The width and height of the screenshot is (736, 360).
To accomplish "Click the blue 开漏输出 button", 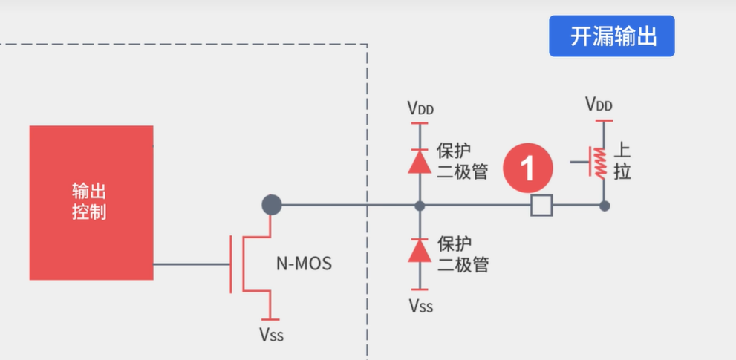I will pyautogui.click(x=611, y=36).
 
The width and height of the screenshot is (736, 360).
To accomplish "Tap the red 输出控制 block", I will pyautogui.click(x=91, y=202).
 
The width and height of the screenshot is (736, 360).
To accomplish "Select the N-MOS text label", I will pyautogui.click(x=304, y=263).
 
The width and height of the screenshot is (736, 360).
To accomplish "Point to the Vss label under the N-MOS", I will pyautogui.click(x=271, y=335).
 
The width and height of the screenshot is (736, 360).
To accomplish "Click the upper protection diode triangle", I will pyautogui.click(x=420, y=161).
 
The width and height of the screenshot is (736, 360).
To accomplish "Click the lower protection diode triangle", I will pyautogui.click(x=420, y=251).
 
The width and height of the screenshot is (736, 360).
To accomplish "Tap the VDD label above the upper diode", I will pyautogui.click(x=420, y=109).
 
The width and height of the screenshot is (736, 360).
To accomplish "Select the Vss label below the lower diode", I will pyautogui.click(x=420, y=305).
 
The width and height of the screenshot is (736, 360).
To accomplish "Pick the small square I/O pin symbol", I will pyautogui.click(x=541, y=206).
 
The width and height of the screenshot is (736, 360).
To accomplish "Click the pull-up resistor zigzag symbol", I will pyautogui.click(x=600, y=163).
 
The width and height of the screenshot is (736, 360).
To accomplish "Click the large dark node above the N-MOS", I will pyautogui.click(x=272, y=205).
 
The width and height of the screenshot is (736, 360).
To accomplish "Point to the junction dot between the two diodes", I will pyautogui.click(x=420, y=206).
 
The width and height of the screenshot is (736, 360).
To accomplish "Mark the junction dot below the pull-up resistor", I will pyautogui.click(x=605, y=206).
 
